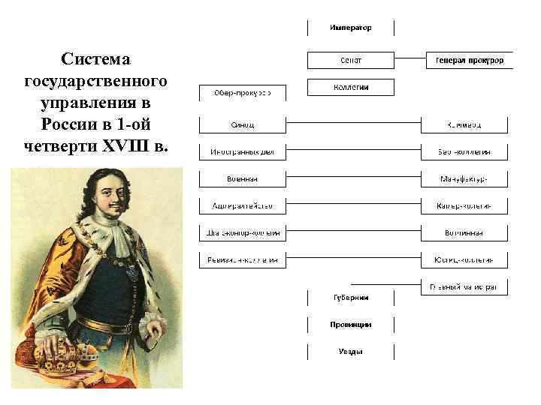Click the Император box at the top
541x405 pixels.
pos(350,28)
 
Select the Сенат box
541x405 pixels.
pos(350,60)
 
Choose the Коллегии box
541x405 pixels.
pos(350,87)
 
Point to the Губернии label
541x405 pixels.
pos(350,297)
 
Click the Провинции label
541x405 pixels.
pos(350,325)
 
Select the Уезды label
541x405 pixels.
pos(350,352)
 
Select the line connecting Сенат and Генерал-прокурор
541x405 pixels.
pos(410,60)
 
